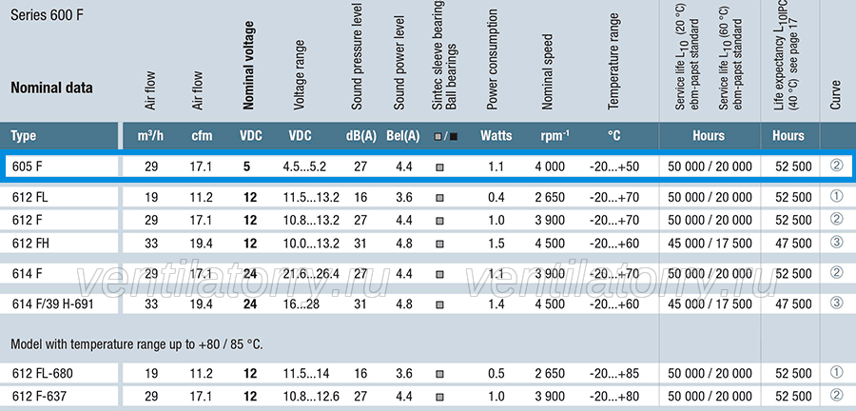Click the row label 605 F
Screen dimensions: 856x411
[x=27, y=166]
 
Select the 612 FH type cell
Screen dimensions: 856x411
[x=30, y=243]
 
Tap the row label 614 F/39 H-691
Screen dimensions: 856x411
[x=53, y=303]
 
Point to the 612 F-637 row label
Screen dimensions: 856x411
[x=39, y=396]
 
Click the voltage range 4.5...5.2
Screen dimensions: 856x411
[x=304, y=166]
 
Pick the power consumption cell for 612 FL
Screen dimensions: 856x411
[x=496, y=197]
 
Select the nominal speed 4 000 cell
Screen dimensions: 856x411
[x=550, y=166]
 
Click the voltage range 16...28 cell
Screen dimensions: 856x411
[x=302, y=303]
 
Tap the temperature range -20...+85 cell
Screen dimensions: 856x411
[x=614, y=373]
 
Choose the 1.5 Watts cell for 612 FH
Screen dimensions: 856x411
[x=496, y=243]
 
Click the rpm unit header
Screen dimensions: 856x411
[x=554, y=135]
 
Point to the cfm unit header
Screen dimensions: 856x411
[x=202, y=136]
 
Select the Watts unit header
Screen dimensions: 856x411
[x=496, y=135]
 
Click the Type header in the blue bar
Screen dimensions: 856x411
[x=24, y=136]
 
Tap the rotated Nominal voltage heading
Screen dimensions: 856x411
[x=248, y=66]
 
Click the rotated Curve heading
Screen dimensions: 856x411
[x=835, y=94]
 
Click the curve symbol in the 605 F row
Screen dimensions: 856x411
[x=836, y=165]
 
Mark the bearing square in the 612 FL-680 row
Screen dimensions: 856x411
[x=439, y=374]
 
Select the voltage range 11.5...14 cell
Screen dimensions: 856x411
[x=305, y=373]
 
